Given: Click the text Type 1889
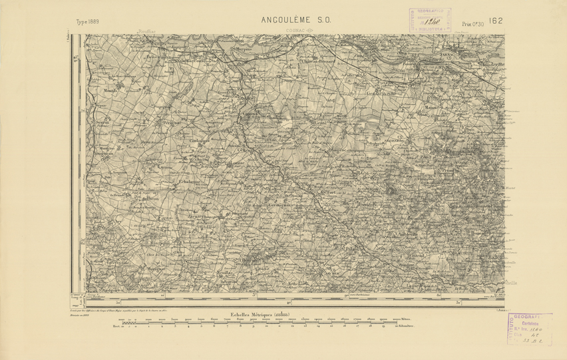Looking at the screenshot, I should point(91,22).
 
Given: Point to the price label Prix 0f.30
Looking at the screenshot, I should point(473,25).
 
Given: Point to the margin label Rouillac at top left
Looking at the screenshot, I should point(145,31).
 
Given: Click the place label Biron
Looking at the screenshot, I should point(151,198).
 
